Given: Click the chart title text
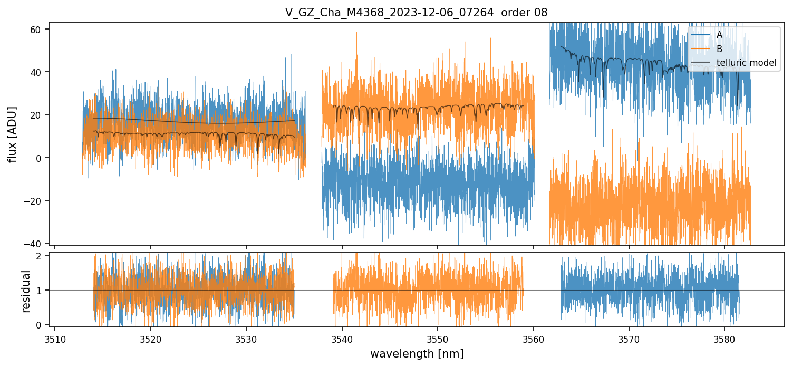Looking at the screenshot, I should coord(416,13).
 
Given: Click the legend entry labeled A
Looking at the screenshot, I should coord(719,35).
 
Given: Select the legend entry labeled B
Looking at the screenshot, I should coord(719,49).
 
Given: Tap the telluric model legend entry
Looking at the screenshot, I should coord(746,63).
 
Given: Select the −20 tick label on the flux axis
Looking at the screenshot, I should coord(35,201).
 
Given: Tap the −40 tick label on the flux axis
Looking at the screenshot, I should coord(35,244).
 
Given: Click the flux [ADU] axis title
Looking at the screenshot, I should coord(12,134).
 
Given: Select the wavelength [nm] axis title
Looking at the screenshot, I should coord(417,354).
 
